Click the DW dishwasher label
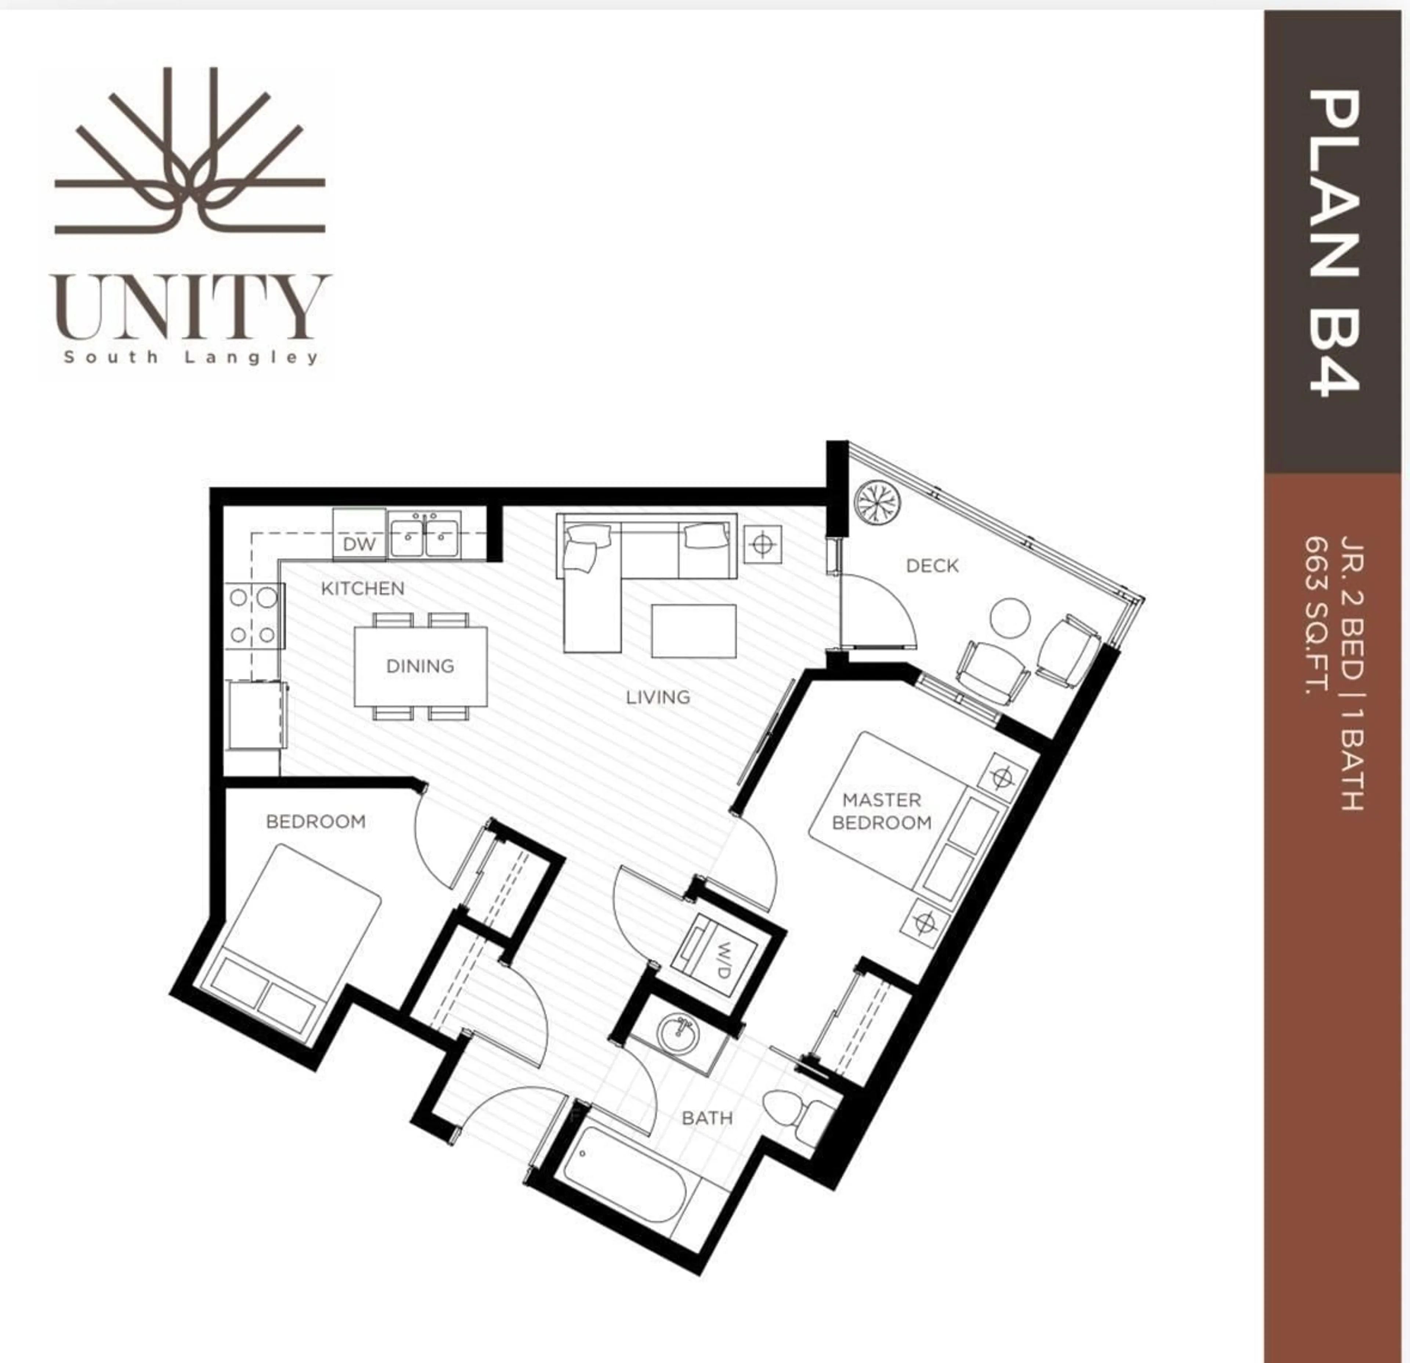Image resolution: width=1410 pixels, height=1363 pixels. (359, 544)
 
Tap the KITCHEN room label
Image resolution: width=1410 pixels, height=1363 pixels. (362, 588)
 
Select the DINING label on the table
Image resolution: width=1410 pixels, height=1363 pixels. (420, 666)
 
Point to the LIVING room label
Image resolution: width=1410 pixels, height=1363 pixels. (658, 697)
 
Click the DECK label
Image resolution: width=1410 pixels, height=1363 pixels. (932, 566)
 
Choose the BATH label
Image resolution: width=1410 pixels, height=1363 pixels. (707, 1118)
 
